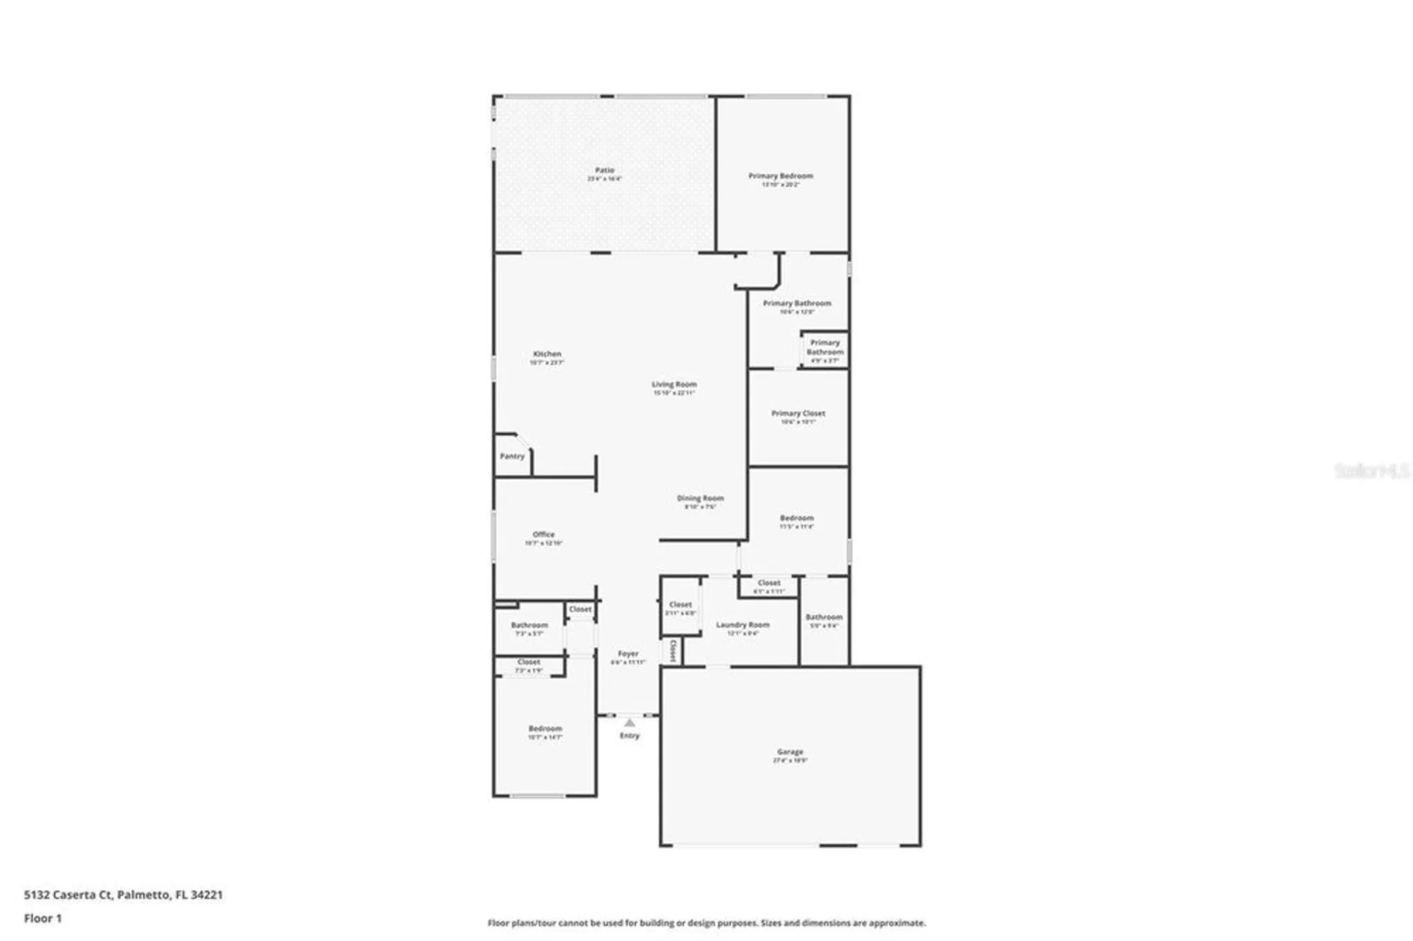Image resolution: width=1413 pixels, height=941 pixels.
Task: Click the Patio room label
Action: (604, 170)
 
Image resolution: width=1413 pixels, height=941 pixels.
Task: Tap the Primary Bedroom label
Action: (781, 176)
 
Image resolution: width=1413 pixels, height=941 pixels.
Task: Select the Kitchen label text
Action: (547, 354)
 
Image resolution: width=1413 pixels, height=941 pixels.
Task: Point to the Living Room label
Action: (674, 384)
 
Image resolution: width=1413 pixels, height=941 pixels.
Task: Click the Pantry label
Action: (512, 456)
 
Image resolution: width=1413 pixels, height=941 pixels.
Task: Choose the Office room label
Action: (543, 535)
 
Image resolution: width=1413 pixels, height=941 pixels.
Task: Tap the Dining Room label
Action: (700, 498)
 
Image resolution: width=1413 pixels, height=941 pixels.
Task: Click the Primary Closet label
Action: (798, 413)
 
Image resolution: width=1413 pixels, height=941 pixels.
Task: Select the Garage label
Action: (790, 752)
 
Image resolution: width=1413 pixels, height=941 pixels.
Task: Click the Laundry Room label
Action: (743, 625)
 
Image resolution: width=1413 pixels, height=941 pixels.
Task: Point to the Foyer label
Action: (628, 654)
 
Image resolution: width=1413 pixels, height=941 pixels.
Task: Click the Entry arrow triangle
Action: (629, 723)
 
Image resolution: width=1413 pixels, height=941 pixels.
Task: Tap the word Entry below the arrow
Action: (629, 736)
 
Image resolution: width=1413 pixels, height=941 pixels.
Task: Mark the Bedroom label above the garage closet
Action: (796, 518)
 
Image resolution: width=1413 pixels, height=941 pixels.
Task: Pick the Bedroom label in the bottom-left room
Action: (545, 729)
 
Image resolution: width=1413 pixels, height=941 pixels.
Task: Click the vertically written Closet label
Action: (673, 651)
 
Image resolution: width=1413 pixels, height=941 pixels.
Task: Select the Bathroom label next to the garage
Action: (824, 617)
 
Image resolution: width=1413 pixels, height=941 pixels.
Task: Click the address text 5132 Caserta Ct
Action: (68, 894)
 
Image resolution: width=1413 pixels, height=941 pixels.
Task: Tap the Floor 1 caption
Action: (42, 918)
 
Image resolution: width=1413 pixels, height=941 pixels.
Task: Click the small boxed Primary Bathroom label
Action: (824, 348)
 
